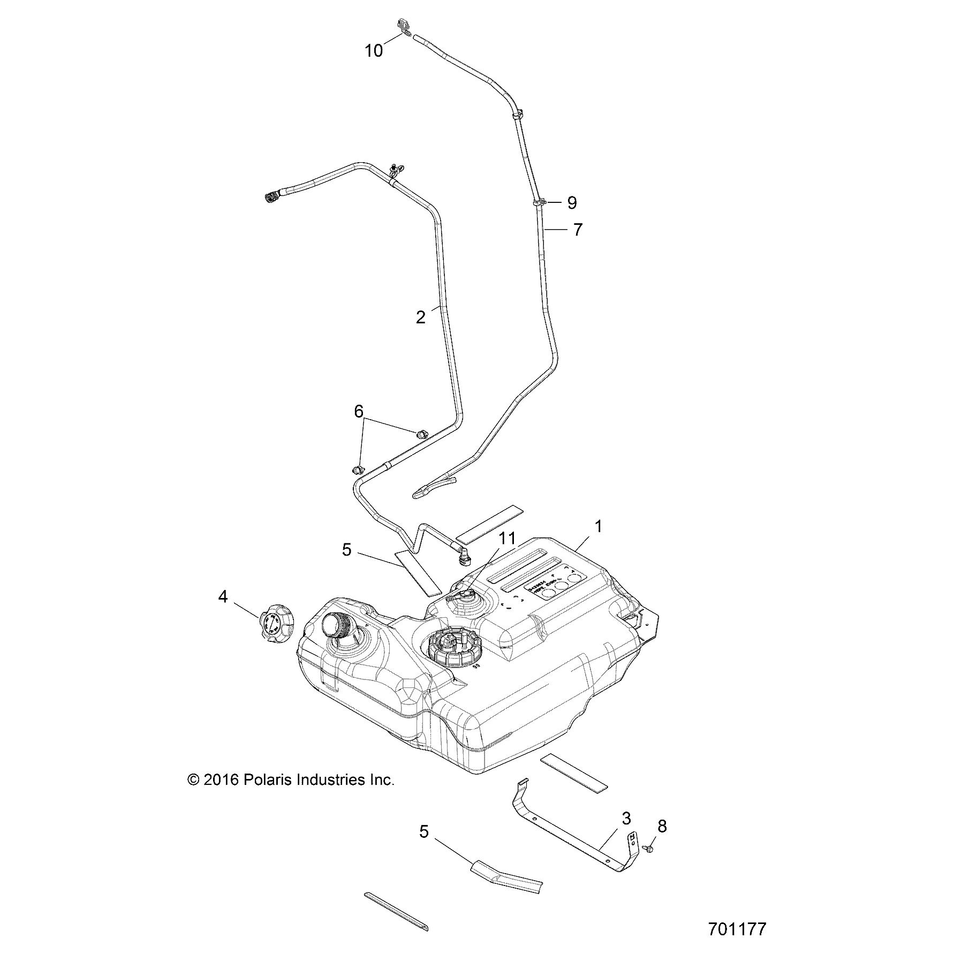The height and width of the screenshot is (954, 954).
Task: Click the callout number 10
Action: [x=374, y=51]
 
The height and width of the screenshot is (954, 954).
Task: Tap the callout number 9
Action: [x=572, y=203]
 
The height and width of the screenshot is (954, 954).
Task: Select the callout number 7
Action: [x=577, y=230]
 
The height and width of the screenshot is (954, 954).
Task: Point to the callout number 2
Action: [x=421, y=317]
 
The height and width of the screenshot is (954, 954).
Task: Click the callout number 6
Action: [x=359, y=397]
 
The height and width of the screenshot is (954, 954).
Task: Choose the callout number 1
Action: [x=598, y=527]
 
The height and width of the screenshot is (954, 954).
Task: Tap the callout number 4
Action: [x=223, y=596]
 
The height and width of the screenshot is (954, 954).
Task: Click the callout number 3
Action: [x=626, y=819]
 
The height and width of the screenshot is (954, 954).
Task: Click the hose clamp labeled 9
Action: [x=539, y=202]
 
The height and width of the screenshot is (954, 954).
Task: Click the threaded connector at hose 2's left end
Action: [x=272, y=198]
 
